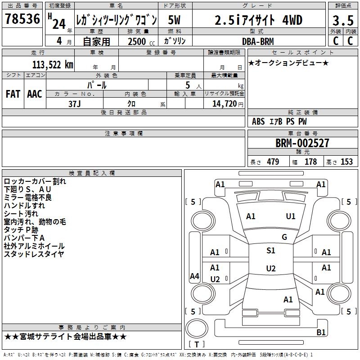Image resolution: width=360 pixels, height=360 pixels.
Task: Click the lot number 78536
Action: tap(22, 19)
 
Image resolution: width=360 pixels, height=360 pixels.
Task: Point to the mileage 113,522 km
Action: tap(53, 64)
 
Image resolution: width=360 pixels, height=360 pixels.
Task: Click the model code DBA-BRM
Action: tap(257, 41)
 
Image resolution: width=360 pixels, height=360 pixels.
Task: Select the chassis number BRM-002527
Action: tap(302, 143)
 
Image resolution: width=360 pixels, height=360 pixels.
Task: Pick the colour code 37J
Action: tap(75, 103)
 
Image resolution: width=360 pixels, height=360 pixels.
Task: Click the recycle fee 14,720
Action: tap(224, 103)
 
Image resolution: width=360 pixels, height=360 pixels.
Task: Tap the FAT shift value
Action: tap(13, 94)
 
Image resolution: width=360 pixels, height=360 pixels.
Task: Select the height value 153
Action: tap(346, 162)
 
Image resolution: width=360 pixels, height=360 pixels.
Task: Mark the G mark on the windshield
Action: tap(284, 237)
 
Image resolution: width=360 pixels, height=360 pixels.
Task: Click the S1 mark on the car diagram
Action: tap(270, 251)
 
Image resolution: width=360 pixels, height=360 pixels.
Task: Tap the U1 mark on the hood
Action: tap(291, 216)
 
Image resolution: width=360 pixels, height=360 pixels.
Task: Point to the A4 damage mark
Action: tap(194, 276)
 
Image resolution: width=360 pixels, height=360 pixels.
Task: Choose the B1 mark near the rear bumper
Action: tap(321, 332)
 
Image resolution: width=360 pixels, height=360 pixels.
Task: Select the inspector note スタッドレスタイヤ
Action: tap(34, 254)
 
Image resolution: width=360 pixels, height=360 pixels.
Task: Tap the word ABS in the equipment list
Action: tap(258, 121)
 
